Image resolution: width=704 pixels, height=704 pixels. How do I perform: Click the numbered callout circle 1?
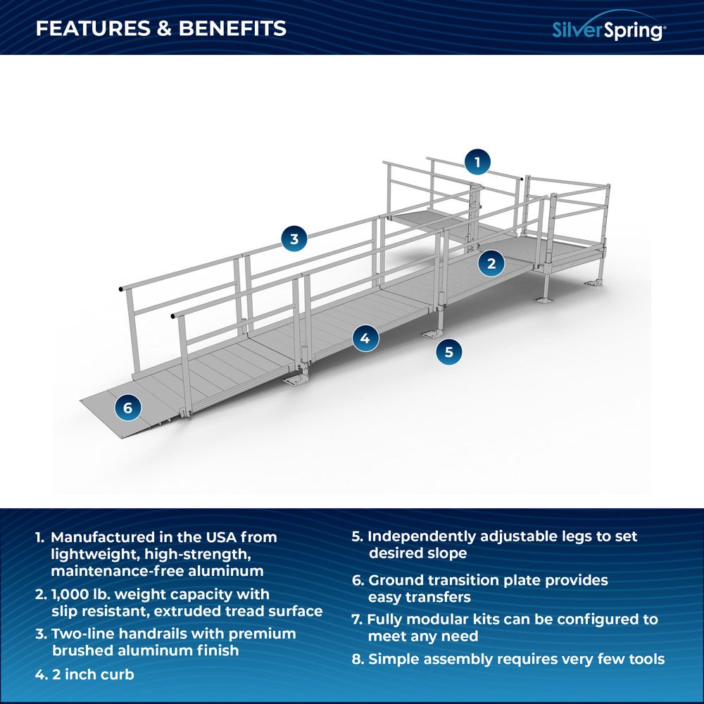point(477,162)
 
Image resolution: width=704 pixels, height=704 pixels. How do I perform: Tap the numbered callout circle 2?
point(491,263)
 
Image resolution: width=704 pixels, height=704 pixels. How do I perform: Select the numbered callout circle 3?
point(294,239)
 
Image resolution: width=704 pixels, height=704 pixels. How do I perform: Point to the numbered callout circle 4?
point(365,338)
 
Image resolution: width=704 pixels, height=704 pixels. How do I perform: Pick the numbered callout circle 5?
point(449,352)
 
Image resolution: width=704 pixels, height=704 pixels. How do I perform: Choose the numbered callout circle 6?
point(128,408)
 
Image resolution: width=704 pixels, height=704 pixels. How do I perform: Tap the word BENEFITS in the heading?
point(232,28)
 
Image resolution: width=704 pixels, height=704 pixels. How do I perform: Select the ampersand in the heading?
point(165,28)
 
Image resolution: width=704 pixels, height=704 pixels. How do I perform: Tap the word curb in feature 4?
point(118,674)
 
